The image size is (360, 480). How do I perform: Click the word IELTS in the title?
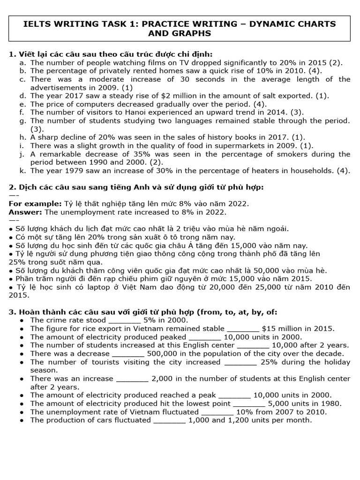(40, 23)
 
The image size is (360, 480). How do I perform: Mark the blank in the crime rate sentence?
(125, 320)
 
